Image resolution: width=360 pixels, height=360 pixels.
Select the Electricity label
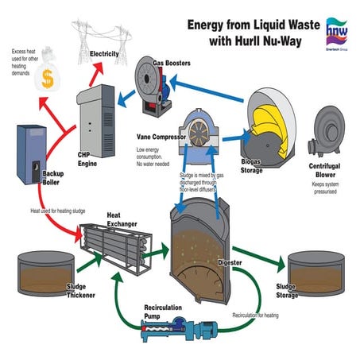105,53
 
